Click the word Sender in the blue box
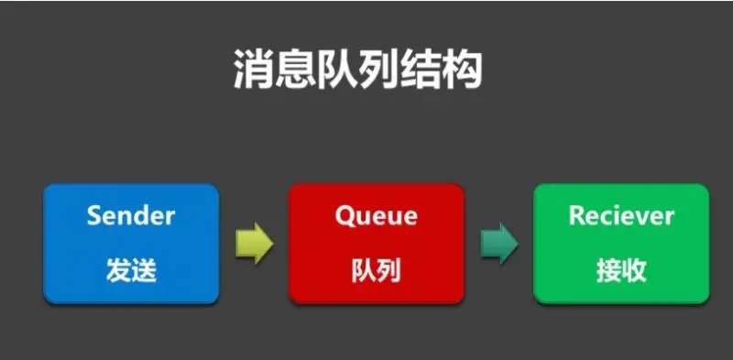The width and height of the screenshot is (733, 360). coord(131,216)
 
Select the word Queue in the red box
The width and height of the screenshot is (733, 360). coord(376,217)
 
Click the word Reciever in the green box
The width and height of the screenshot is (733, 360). coord(621,216)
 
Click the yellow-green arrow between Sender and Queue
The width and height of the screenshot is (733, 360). coord(254,244)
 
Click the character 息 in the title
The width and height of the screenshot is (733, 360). coord(298,69)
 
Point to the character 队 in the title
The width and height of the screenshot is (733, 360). coord(344,69)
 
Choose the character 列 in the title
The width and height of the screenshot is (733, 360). coord(389,69)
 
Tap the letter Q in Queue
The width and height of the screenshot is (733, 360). coord(345,217)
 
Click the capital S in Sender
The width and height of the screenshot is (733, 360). coord(94,216)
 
